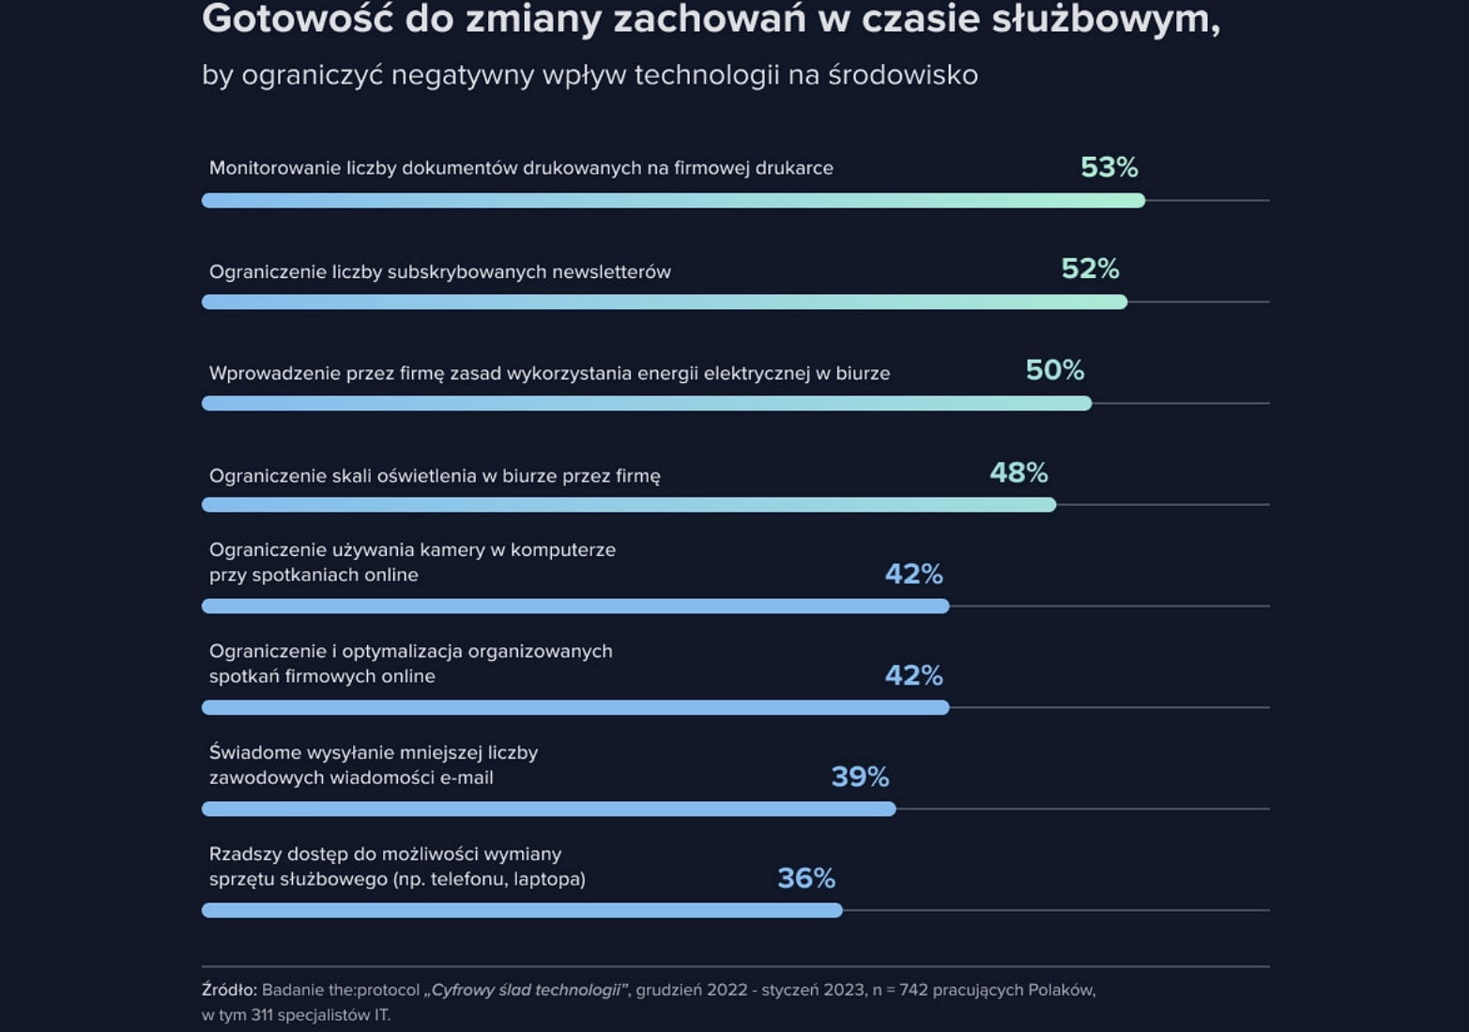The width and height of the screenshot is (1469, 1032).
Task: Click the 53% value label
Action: tap(1109, 167)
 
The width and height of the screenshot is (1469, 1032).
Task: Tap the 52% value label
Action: tap(1090, 269)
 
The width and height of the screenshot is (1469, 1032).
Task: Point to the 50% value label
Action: tap(1054, 370)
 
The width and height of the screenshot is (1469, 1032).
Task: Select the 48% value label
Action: tap(1018, 472)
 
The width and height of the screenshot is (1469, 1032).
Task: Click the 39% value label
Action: tap(860, 777)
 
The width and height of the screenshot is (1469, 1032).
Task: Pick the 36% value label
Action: tap(806, 878)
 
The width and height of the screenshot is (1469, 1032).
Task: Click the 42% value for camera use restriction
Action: tap(913, 574)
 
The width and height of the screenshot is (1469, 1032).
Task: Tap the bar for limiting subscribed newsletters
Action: tap(664, 301)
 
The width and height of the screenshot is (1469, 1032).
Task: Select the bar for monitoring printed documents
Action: tap(673, 200)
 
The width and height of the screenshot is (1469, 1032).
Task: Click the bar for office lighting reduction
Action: tap(629, 504)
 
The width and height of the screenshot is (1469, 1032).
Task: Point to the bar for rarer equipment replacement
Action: tap(522, 910)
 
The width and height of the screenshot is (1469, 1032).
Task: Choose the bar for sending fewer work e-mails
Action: tap(548, 809)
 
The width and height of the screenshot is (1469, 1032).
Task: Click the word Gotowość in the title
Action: tap(297, 19)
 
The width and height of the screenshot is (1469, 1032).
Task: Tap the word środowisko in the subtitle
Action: tap(903, 75)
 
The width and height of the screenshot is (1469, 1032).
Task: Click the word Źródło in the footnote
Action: tap(228, 990)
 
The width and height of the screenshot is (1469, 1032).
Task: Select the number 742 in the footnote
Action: tap(914, 990)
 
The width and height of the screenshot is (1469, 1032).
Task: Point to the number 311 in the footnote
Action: tap(265, 1015)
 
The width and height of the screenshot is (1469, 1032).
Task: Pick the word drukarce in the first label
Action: tap(796, 168)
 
